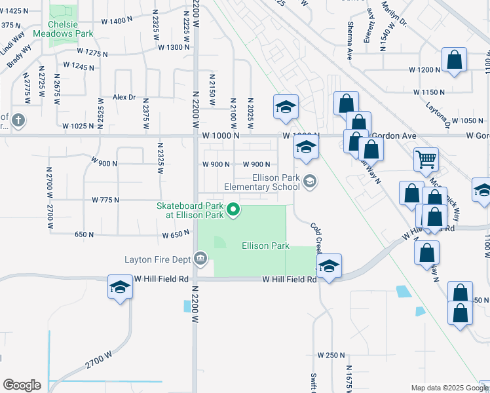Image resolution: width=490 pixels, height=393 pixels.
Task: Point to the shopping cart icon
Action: pyautogui.click(x=426, y=158)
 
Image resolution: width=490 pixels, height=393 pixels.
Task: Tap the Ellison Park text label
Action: pyautogui.click(x=265, y=246)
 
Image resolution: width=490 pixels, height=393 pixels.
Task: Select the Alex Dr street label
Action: pyautogui.click(x=124, y=97)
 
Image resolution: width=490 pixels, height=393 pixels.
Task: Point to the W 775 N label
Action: pyautogui.click(x=105, y=199)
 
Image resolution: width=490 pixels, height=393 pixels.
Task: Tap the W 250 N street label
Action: pyautogui.click(x=331, y=355)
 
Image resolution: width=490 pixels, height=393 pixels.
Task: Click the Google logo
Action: pyautogui.click(x=22, y=384)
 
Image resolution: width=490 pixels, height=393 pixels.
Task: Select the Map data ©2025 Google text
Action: pyautogui.click(x=449, y=388)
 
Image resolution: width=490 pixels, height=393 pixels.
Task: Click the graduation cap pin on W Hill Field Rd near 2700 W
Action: pyautogui.click(x=120, y=287)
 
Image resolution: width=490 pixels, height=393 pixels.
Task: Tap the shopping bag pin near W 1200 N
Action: pyautogui.click(x=454, y=60)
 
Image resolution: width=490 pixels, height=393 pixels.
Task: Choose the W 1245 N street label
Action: pyautogui.click(x=79, y=65)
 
